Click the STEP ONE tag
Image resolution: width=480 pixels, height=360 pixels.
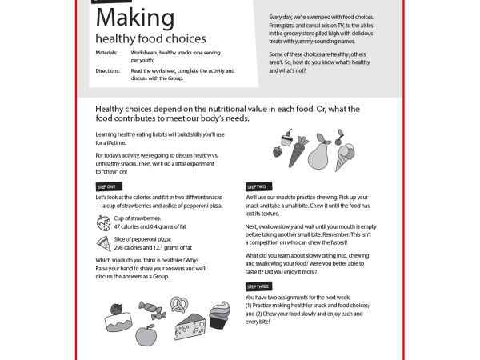click(x=106, y=186)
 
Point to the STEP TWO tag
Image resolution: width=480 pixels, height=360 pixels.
click(x=256, y=186)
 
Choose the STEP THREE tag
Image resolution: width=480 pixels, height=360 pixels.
click(x=258, y=286)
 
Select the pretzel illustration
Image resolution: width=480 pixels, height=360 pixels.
click(x=178, y=304)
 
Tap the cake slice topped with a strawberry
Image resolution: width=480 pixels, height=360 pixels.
click(x=115, y=318)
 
